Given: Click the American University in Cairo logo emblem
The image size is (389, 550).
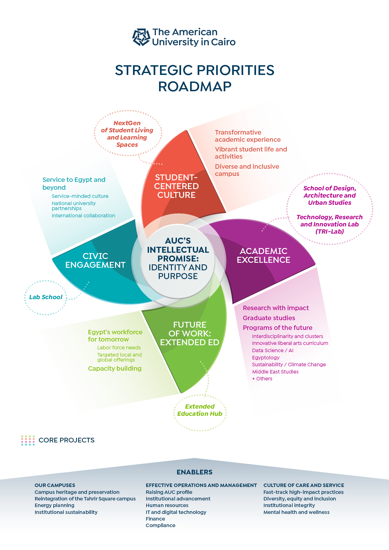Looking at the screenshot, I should click(x=141, y=37).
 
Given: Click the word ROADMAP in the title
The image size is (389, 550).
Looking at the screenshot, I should click(x=194, y=87).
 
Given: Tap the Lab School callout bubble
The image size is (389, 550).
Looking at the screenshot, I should click(x=46, y=297).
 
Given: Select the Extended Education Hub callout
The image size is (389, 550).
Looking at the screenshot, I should click(x=200, y=410).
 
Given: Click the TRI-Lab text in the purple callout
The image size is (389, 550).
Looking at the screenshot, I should click(x=330, y=232).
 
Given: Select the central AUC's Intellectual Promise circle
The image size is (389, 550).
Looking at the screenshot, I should click(x=178, y=258).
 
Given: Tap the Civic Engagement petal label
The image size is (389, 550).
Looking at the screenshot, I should click(x=95, y=261).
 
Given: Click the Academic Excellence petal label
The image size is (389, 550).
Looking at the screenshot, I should click(x=264, y=256).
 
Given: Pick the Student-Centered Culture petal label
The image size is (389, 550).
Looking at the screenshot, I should click(x=176, y=186).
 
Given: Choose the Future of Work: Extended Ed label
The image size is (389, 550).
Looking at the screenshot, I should click(x=189, y=334).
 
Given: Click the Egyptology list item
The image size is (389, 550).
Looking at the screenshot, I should click(x=266, y=357).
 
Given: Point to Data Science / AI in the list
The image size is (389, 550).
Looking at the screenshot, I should click(x=273, y=350).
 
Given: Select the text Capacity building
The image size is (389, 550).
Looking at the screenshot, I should click(x=115, y=368).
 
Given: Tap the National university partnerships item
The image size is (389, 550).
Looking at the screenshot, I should click(x=74, y=206).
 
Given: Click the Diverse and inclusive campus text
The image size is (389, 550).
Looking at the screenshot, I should click(x=247, y=170).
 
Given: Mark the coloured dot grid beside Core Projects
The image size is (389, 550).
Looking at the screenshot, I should click(x=28, y=440).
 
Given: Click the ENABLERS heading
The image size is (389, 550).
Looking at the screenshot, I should click(x=194, y=472).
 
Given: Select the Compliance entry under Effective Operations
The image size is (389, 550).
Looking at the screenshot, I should click(x=161, y=525).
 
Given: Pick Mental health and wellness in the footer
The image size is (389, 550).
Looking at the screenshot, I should click(x=296, y=512).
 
